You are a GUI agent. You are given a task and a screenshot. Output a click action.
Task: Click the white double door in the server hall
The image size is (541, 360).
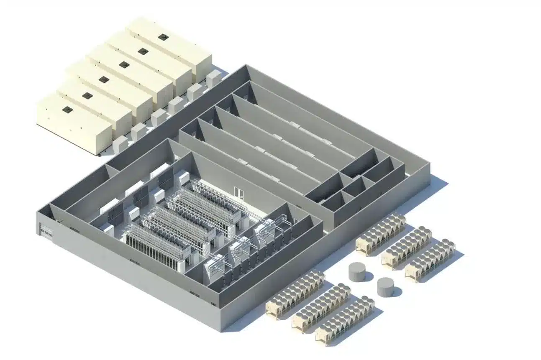click(x=239, y=192)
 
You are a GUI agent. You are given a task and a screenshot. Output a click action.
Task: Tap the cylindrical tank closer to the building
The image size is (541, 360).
click(x=357, y=272)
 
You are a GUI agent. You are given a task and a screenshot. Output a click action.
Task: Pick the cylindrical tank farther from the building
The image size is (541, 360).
click(x=385, y=287)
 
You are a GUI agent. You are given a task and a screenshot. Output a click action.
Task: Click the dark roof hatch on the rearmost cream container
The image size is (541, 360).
click(x=163, y=37)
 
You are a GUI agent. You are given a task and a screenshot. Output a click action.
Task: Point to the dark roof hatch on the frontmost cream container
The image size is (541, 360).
click(x=67, y=110)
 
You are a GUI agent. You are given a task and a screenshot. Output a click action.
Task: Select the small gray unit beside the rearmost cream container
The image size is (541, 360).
click(x=213, y=78)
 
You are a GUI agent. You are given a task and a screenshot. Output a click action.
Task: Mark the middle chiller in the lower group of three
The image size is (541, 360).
click(x=321, y=307)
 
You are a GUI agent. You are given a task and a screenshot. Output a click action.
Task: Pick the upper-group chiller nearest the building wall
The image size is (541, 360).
click(x=380, y=234)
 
